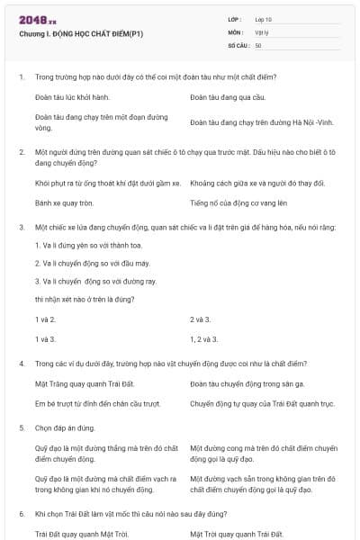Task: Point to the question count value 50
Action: [x=258, y=44]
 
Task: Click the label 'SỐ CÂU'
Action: [x=238, y=44]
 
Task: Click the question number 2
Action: [x=21, y=153]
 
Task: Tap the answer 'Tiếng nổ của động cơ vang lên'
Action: [x=238, y=202]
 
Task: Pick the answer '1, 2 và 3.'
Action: [x=204, y=338]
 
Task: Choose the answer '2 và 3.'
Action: [x=200, y=319]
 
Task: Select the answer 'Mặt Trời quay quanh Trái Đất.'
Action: [x=237, y=533]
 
